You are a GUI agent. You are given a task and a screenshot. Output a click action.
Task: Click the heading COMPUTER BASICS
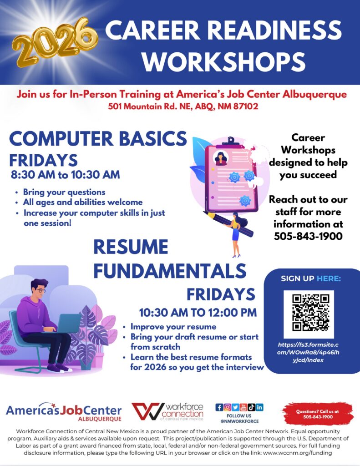coord(98,139)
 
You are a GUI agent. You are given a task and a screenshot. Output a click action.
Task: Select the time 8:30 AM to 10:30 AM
coord(66,174)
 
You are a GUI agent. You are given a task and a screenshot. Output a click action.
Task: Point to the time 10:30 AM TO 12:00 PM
coord(198,313)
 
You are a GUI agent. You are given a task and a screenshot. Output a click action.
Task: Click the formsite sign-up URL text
coord(308,353)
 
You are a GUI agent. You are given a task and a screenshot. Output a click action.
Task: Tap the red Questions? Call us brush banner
coord(318,414)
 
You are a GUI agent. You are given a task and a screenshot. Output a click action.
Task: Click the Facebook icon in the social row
coord(219,407)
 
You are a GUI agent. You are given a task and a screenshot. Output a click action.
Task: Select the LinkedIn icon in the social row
coord(259,407)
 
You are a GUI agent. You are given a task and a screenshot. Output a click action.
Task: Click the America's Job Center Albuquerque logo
coord(64,412)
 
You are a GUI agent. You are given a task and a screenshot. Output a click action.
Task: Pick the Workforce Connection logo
coord(167,411)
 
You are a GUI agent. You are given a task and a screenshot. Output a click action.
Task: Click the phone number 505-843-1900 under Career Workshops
coord(308,236)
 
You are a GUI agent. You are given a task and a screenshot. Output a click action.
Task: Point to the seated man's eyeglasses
coord(40,289)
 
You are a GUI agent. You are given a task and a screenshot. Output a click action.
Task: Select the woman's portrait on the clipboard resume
coord(221,158)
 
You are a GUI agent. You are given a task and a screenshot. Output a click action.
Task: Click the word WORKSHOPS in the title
coord(223,61)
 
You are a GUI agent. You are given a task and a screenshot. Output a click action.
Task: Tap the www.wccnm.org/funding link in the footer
coord(297,453)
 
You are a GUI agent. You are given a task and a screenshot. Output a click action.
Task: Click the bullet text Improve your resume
coord(173,327)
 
